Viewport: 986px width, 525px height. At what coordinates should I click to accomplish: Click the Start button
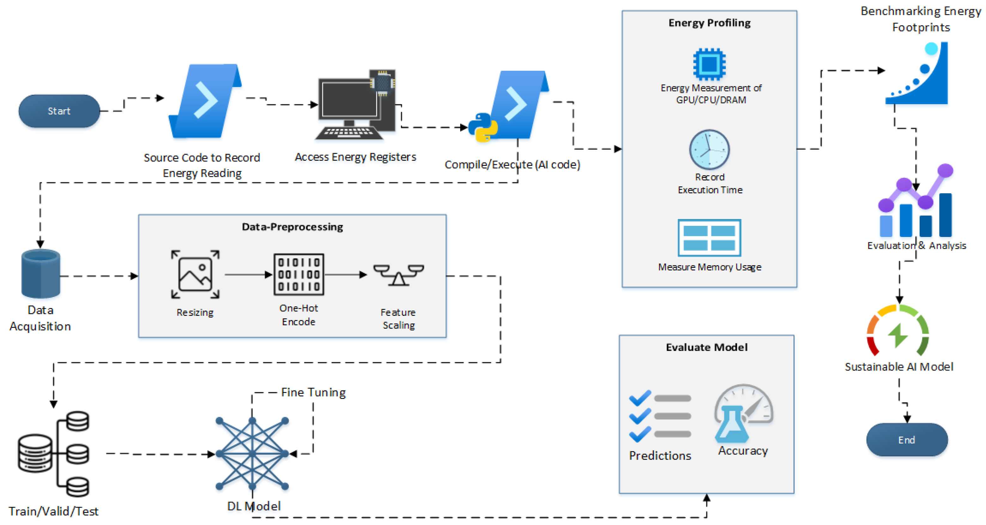click(x=59, y=111)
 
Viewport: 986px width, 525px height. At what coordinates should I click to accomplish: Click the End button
click(x=907, y=440)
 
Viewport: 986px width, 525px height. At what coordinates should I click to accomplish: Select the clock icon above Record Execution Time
click(x=709, y=150)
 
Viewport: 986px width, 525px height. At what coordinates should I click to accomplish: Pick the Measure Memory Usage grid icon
click(x=709, y=238)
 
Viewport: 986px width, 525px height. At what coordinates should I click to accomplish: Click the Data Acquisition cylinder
click(x=40, y=274)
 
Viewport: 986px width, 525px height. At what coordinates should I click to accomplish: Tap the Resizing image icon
click(x=195, y=275)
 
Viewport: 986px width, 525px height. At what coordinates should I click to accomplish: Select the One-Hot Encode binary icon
click(x=299, y=275)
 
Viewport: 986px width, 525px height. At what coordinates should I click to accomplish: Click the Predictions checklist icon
click(x=660, y=416)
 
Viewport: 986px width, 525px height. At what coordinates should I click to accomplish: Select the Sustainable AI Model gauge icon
click(x=898, y=330)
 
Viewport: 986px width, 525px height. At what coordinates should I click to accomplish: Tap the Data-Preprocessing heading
click(x=292, y=227)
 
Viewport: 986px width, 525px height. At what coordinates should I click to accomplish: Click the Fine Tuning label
click(x=313, y=392)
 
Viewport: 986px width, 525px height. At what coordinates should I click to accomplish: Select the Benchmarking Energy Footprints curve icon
click(x=917, y=73)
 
